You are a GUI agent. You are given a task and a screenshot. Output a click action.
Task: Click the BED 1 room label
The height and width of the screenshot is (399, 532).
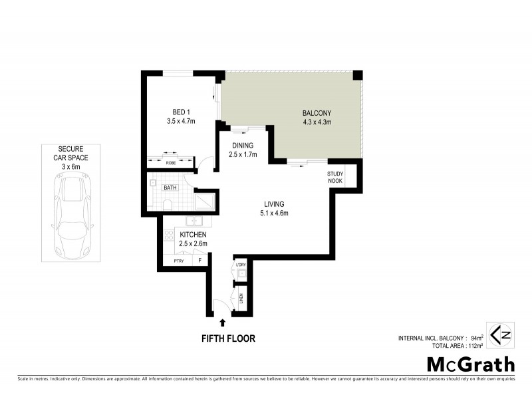point(178,112)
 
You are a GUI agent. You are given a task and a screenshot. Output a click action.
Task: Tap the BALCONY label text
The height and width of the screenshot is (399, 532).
point(317,112)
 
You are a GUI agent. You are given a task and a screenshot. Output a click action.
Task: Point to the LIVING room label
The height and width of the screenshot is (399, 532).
point(273,204)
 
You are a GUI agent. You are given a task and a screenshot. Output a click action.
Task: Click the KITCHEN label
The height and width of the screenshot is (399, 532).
point(193,235)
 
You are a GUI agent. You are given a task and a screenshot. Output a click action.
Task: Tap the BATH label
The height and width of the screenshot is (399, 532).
point(170,188)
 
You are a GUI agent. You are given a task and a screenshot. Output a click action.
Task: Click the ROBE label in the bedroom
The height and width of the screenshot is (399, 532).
point(171,162)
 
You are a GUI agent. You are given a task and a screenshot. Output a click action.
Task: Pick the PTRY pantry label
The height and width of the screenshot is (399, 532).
point(178,261)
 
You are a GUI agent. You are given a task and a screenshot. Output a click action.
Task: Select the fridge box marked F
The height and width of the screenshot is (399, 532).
point(200,261)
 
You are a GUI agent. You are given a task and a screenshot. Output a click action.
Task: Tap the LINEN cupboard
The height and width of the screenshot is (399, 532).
point(241,298)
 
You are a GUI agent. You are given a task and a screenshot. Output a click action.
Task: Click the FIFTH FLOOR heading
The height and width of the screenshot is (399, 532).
point(228,338)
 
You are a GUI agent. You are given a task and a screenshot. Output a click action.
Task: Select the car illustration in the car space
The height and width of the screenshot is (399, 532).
point(72,212)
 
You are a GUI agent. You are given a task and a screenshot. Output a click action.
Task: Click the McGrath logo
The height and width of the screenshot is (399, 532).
point(470,364)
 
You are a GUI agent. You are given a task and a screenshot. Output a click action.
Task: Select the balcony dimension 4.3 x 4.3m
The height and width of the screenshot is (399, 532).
point(317,122)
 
